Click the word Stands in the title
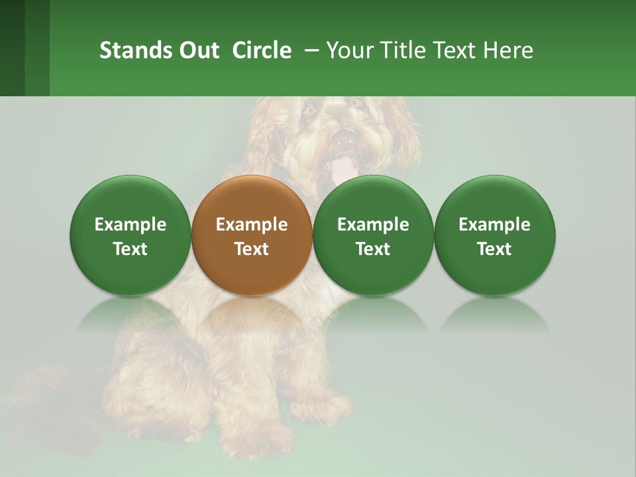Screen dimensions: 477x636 pyautogui.click(x=127, y=50)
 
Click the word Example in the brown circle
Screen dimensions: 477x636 pyautogui.click(x=251, y=225)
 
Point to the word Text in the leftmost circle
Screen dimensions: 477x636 pyautogui.click(x=130, y=249)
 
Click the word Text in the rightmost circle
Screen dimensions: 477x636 pyautogui.click(x=494, y=249)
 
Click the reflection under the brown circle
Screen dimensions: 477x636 pyautogui.click(x=251, y=315)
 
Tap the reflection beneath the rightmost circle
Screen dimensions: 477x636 pyautogui.click(x=494, y=315)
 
